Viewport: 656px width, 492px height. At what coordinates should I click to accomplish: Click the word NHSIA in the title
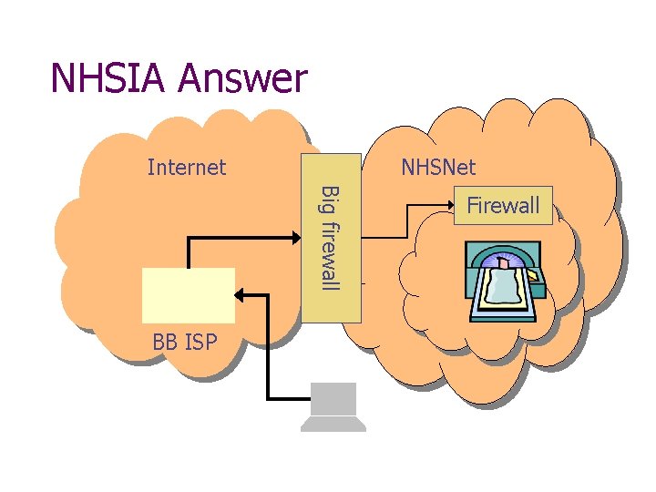pos(108,78)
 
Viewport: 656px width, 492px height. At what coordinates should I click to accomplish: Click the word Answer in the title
pos(243,80)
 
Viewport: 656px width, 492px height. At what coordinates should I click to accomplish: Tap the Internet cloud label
pos(187,167)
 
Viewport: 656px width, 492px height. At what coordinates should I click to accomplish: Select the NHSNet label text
pos(438,167)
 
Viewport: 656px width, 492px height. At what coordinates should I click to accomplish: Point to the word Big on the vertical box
pos(332,200)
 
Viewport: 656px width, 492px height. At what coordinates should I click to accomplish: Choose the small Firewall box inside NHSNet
pos(503,205)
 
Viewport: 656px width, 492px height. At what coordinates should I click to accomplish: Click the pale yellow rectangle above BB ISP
pos(189,294)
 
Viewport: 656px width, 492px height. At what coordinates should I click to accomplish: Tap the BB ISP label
pos(185,343)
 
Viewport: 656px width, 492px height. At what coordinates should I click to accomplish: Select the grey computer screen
pos(333,400)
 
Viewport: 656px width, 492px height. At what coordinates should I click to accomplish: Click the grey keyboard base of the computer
pos(333,425)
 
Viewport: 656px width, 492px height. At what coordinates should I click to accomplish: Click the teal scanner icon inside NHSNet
pos(506,282)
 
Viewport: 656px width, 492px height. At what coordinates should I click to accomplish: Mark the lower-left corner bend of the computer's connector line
pos(268,398)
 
